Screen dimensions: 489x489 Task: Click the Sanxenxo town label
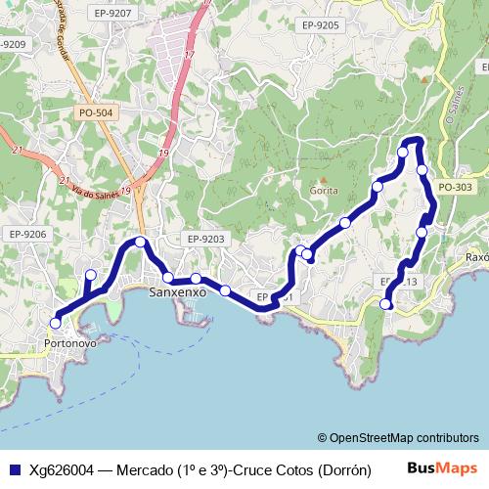pos(178,292)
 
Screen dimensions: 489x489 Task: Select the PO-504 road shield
pos(95,113)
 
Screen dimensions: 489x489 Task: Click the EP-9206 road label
pos(27,234)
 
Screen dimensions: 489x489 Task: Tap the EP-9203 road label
pos(205,239)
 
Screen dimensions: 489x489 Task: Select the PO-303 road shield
pos(456,187)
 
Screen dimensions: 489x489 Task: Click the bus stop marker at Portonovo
pos(56,323)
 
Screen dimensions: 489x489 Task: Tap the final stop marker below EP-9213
pos(386,304)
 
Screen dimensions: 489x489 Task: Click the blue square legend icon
pos(15,468)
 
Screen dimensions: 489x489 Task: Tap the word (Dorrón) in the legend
pos(342,469)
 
